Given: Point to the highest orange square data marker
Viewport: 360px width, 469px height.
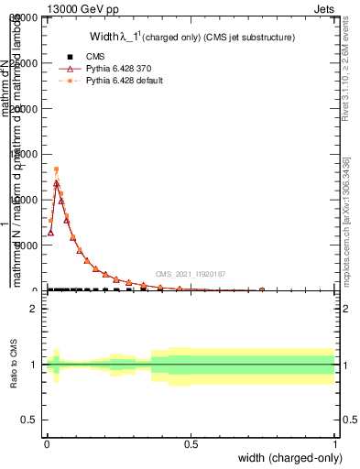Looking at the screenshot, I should tap(56, 169).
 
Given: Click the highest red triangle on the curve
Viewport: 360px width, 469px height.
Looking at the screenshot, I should tap(56, 183).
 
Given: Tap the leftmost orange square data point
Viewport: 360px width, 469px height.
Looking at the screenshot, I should tap(50, 221).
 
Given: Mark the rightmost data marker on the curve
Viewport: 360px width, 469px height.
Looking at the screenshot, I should tap(262, 289).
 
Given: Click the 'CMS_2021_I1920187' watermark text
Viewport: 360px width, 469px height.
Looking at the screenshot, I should tap(191, 274).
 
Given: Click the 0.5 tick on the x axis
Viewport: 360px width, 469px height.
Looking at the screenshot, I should tap(191, 443).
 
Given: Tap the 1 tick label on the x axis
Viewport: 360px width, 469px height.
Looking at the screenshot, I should tap(334, 443).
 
